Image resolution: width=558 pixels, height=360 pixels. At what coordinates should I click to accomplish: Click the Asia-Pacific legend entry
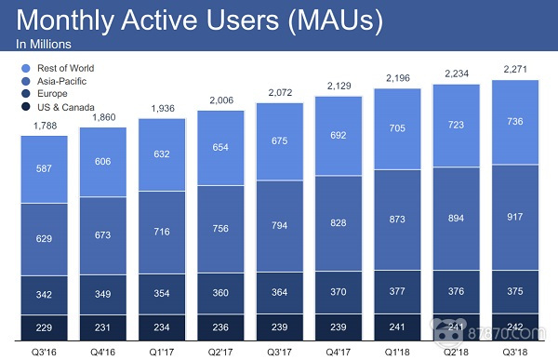click(x=56, y=81)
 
